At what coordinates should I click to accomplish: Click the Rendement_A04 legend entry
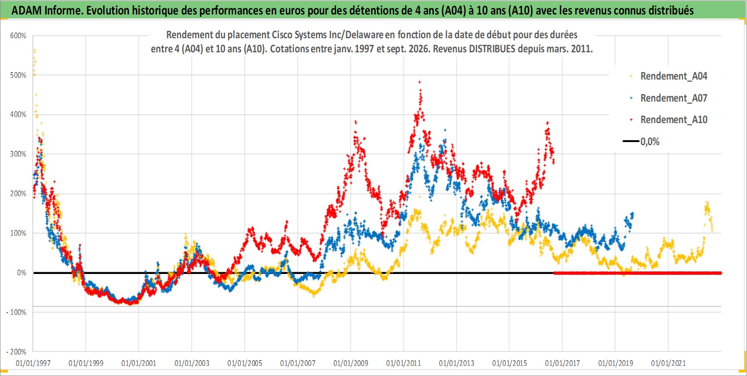tap(669, 76)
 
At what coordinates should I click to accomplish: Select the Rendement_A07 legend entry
tap(669, 98)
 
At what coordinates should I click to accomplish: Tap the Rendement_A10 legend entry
tap(669, 120)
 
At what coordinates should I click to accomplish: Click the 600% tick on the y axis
tap(18, 36)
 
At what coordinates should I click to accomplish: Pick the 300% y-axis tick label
tap(18, 154)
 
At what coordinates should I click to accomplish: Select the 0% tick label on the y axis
tap(22, 273)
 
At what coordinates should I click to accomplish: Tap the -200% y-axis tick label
tap(16, 352)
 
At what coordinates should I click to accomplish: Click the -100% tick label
tap(16, 312)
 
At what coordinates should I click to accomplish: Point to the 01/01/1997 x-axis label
tap(33, 363)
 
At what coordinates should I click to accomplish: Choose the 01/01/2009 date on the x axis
tap(351, 363)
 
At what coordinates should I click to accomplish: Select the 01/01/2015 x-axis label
tap(509, 363)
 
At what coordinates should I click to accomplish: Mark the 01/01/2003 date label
tap(192, 363)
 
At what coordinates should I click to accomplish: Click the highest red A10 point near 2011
tap(420, 82)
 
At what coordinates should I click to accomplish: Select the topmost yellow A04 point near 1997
tap(35, 50)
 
